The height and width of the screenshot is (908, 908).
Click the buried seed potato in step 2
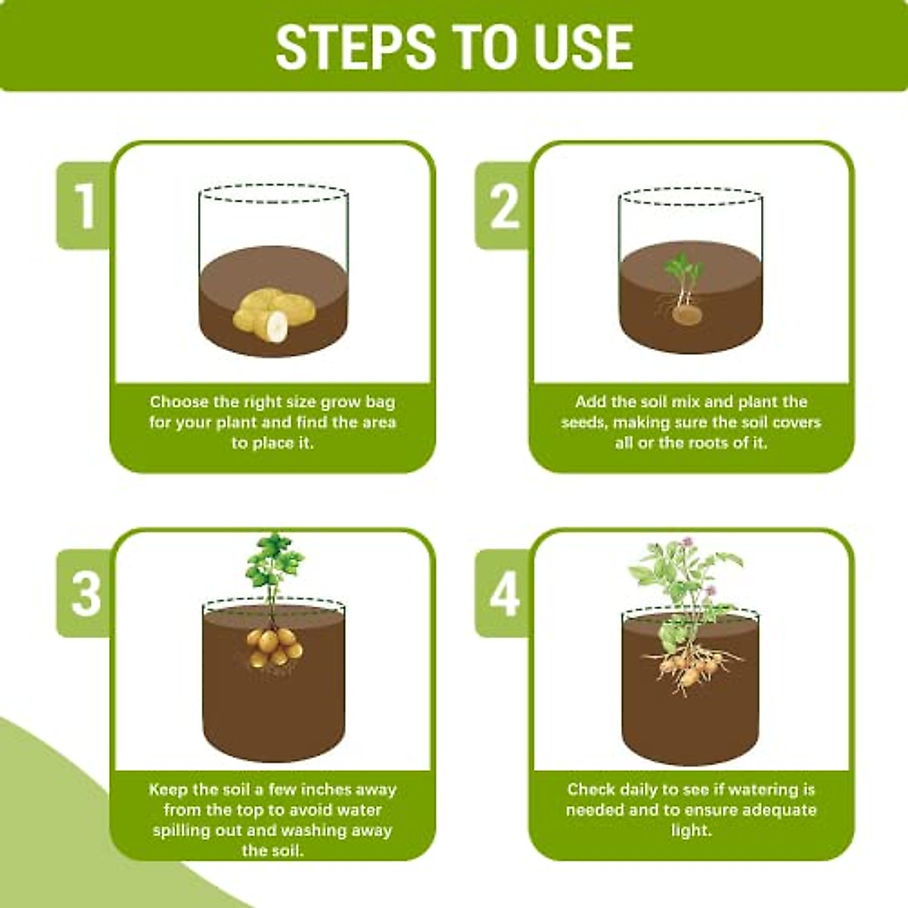pos(687,316)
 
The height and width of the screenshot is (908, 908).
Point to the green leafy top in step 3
pos(273,561)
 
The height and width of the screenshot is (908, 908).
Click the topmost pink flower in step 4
pos(687,541)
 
